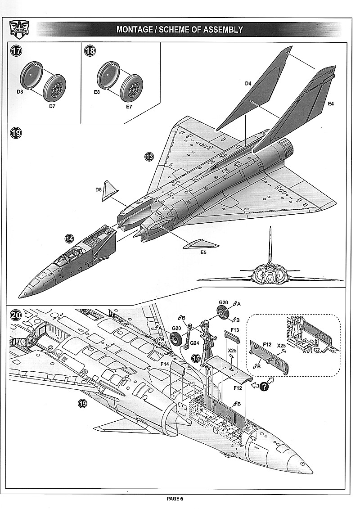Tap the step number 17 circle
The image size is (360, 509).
(16, 51)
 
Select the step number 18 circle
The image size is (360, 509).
(90, 51)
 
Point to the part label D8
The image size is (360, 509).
(20, 92)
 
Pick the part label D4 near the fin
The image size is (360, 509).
(248, 83)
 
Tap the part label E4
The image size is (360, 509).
(331, 104)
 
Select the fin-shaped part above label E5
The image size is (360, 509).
(200, 244)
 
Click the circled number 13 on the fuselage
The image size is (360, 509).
(149, 157)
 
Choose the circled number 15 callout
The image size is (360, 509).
(197, 358)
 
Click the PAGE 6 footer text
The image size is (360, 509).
(175, 498)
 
